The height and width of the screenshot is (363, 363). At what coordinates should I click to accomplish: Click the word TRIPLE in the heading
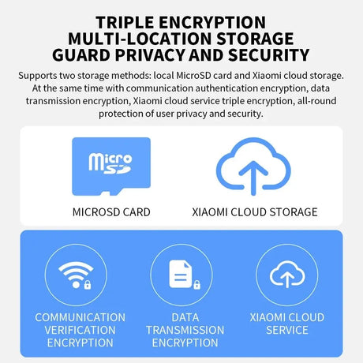coord(125,22)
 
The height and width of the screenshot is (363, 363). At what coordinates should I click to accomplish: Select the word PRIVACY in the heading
coord(150,55)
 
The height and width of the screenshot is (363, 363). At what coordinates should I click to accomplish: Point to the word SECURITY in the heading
coord(268,55)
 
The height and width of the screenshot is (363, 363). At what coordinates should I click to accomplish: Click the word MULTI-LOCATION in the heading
coord(140,39)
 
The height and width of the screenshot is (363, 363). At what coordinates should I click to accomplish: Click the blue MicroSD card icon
coord(111,167)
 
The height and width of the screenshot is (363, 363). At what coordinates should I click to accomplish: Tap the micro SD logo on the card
coord(110,163)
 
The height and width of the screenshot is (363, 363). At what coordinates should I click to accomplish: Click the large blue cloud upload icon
coord(253,167)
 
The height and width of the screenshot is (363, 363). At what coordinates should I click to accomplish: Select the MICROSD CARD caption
coord(111,212)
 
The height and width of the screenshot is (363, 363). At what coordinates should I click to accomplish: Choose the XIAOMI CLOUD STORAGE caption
coord(255,212)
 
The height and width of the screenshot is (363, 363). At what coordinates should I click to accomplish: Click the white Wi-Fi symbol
coord(76,275)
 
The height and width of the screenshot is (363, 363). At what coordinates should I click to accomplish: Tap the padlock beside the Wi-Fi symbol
coord(88,285)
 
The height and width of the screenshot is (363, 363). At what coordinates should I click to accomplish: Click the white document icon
coord(181,274)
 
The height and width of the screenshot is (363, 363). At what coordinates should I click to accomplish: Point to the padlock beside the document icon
coord(196,285)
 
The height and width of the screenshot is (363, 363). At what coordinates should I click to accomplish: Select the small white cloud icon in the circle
coord(287,274)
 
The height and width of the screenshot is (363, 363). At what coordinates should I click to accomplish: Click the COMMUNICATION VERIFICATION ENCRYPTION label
coord(80,330)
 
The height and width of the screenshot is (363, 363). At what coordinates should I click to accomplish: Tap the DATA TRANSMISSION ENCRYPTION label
coord(185,330)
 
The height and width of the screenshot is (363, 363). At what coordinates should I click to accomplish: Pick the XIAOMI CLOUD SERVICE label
coord(287,324)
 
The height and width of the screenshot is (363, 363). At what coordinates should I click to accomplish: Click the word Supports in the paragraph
coord(38,76)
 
